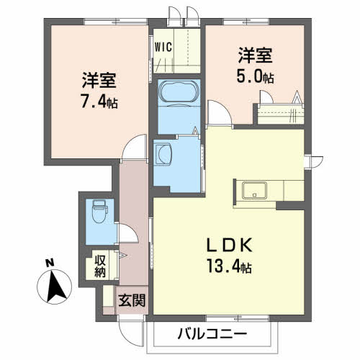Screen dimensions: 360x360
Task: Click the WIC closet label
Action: pyautogui.click(x=163, y=47)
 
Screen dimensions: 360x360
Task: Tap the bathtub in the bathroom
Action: pyautogui.click(x=179, y=92)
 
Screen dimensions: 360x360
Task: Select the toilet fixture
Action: pyautogui.click(x=100, y=211)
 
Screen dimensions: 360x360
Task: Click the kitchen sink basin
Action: pyautogui.click(x=254, y=190)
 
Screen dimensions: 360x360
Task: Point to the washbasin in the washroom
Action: pyautogui.click(x=163, y=154)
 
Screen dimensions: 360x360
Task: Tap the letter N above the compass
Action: pyautogui.click(x=50, y=263)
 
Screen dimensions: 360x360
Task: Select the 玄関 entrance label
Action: pyautogui.click(x=132, y=300)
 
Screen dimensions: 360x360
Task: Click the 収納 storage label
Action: pyautogui.click(x=100, y=266)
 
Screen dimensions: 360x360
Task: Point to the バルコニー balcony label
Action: pyautogui.click(x=212, y=334)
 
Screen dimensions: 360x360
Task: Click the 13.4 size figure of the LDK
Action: pyautogui.click(x=224, y=266)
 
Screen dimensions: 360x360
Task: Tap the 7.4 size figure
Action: pyautogui.click(x=94, y=102)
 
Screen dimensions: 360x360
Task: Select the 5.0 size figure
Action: pyautogui.click(x=249, y=77)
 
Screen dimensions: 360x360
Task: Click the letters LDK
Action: pyautogui.click(x=230, y=245)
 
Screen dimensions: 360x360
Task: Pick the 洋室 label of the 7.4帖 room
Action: pyautogui.click(x=99, y=80)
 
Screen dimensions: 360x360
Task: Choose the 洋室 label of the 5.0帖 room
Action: pyautogui.click(x=256, y=55)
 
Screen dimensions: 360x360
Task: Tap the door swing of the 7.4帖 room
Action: pyautogui.click(x=135, y=146)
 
